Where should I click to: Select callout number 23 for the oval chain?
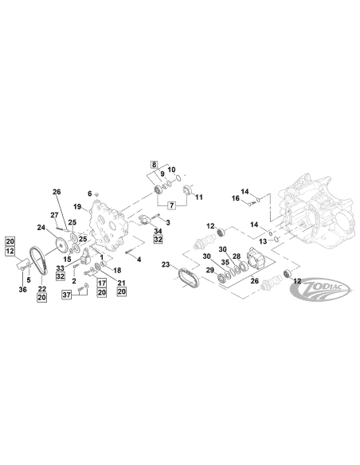click(166, 264)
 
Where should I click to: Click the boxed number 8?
click(155, 166)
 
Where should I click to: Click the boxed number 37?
click(66, 295)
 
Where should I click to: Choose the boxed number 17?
click(103, 283)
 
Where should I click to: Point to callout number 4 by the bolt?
click(139, 260)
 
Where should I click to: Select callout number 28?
click(237, 256)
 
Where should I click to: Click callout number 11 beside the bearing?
click(199, 196)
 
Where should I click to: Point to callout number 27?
click(55, 216)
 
